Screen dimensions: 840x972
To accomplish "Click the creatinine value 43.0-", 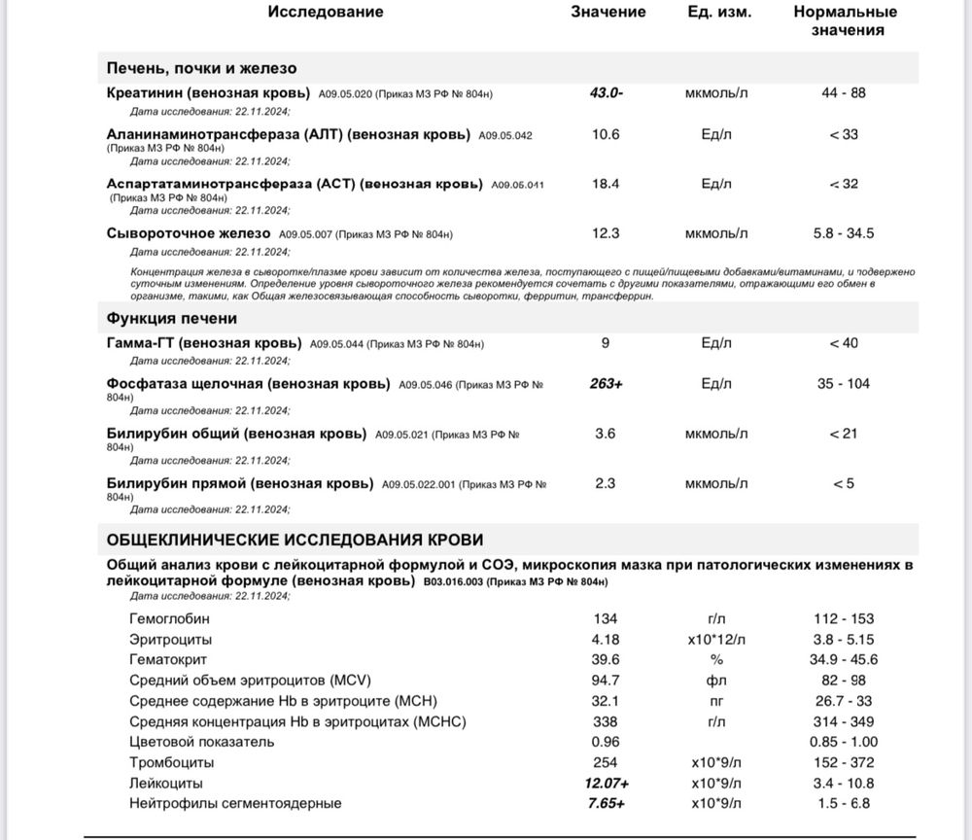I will click(607, 93).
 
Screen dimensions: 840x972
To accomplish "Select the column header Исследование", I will click(325, 12).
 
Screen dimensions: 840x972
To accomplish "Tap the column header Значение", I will click(607, 12).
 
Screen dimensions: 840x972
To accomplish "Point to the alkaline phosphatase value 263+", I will click(607, 384).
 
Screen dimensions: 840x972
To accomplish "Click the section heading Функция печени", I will click(172, 318).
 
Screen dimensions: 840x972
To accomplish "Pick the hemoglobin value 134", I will click(606, 618).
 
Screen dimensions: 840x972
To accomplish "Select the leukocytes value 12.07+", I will click(606, 784).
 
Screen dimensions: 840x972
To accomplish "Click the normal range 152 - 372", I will click(843, 762).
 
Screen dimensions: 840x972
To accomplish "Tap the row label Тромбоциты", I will click(171, 762).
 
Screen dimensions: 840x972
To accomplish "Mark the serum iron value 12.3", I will click(606, 233).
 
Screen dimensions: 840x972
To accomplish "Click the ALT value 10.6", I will click(606, 134).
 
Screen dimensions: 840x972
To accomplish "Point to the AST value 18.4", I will click(606, 184).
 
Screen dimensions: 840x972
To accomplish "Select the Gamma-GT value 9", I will click(606, 343).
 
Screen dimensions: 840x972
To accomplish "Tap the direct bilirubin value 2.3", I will click(606, 483).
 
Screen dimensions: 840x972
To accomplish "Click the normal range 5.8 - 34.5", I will click(843, 233).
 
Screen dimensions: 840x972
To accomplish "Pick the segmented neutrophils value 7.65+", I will click(606, 804).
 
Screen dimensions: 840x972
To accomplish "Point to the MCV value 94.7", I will click(606, 680).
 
